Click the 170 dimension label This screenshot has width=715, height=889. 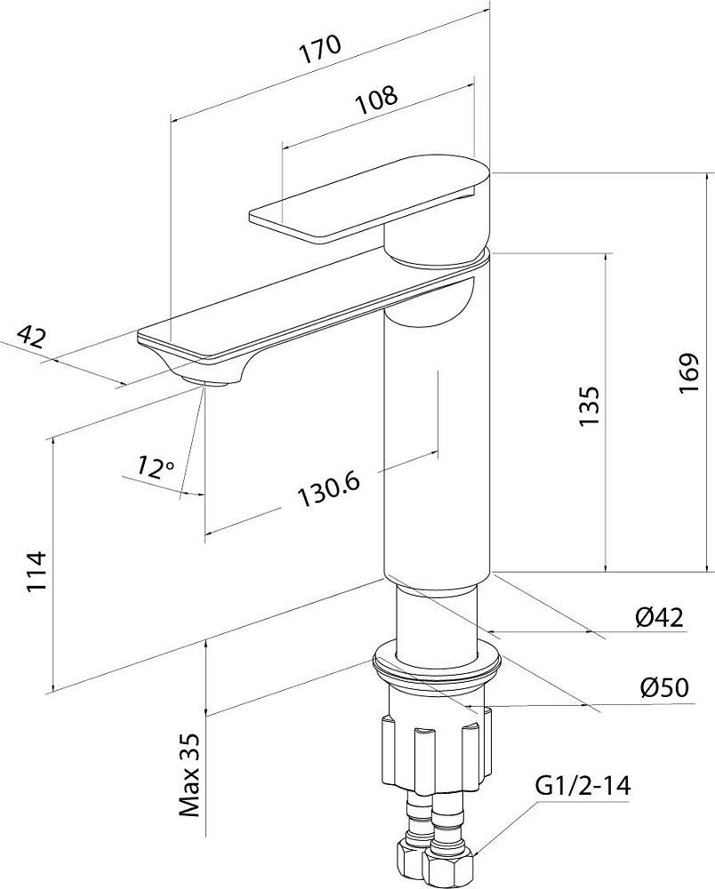click(x=320, y=50)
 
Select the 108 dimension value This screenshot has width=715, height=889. click(x=376, y=100)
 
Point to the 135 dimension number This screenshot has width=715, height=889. click(x=589, y=406)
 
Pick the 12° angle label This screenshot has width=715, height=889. click(x=154, y=468)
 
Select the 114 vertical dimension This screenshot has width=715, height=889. click(x=36, y=571)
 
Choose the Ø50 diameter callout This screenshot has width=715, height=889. click(x=664, y=687)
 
